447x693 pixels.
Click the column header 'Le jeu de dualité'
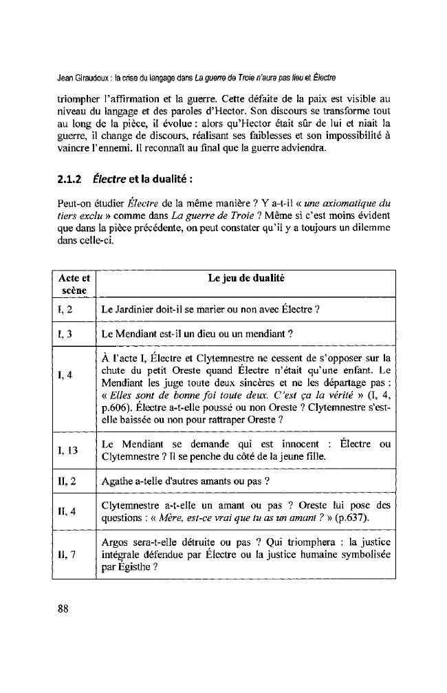click(x=246, y=279)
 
